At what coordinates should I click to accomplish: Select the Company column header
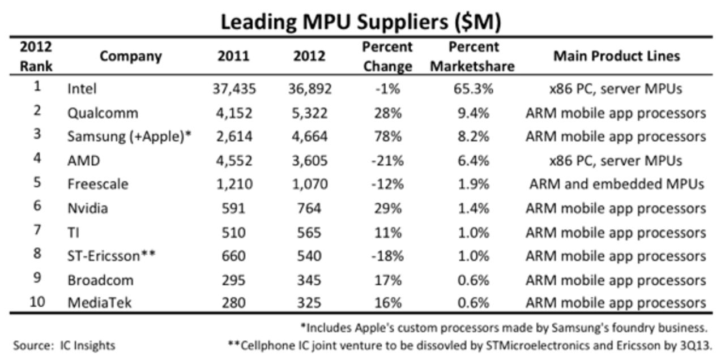[x=131, y=57]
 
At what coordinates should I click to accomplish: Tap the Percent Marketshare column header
[x=472, y=57]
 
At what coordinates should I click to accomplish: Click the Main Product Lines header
[x=616, y=57]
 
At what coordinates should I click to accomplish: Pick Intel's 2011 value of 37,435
[x=233, y=89]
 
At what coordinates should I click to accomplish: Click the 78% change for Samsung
[x=387, y=136]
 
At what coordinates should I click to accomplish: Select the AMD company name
[x=83, y=161]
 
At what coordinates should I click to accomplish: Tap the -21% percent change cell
[x=387, y=161]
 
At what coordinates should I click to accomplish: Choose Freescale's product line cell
[x=616, y=185]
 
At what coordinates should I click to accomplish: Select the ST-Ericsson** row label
[x=111, y=256]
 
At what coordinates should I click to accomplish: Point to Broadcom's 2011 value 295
[x=233, y=280]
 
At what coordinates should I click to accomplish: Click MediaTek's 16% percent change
[x=387, y=303]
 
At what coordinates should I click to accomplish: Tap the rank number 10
[x=37, y=303]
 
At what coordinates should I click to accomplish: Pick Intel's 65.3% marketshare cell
[x=472, y=89]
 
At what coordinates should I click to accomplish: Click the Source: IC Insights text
[x=64, y=345]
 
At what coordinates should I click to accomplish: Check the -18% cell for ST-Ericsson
[x=387, y=256]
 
